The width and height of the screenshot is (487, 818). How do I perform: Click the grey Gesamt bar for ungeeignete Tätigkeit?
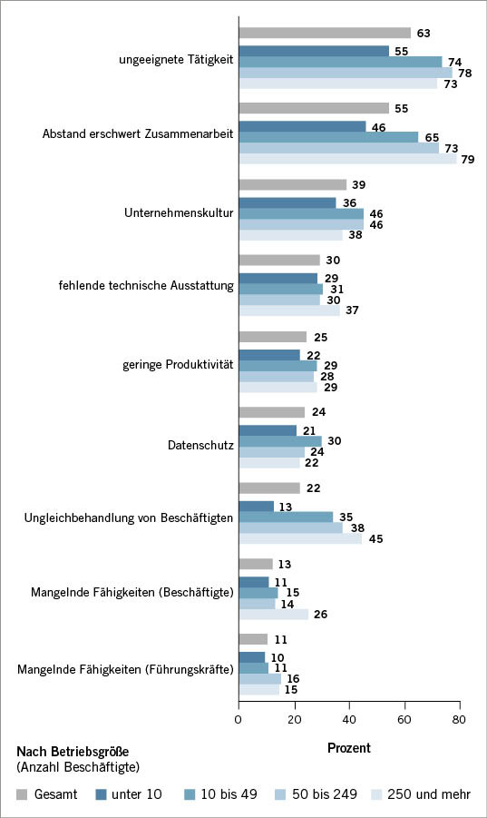324,34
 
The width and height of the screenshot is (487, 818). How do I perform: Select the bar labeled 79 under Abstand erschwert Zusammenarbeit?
347,159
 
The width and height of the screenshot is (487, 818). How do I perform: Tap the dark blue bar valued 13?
256,506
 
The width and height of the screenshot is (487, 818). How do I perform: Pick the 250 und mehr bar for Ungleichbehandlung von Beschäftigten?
300,538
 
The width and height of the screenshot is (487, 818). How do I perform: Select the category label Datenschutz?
200,445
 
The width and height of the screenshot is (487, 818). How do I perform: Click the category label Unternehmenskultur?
179,213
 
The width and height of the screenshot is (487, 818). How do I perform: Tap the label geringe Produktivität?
178,364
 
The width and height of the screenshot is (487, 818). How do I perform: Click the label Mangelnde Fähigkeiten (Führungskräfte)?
125,670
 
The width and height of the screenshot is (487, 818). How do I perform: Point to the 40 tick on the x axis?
349,719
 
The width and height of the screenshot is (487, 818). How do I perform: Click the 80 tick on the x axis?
460,719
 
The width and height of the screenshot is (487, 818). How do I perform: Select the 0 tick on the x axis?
239,719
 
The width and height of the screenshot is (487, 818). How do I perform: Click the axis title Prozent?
348,749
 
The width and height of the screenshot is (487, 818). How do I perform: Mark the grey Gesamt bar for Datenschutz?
271,411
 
